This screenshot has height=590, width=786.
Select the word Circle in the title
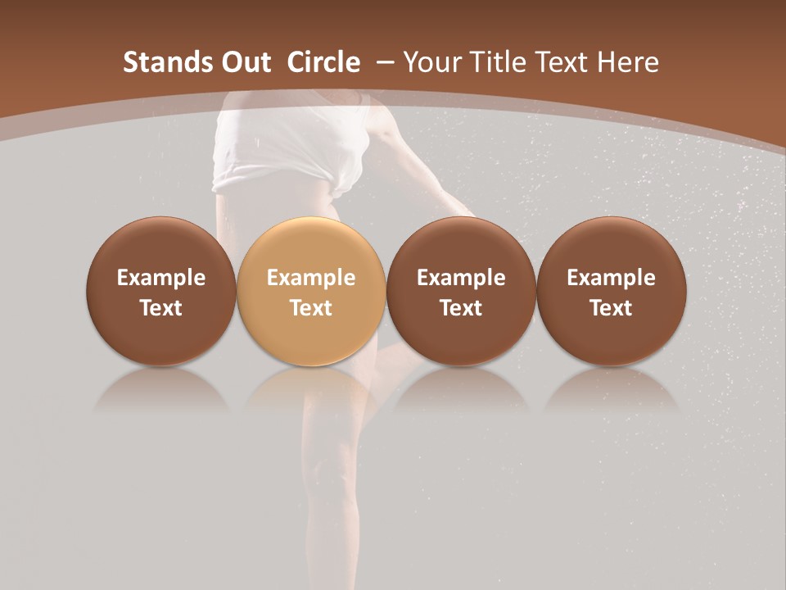click(x=323, y=62)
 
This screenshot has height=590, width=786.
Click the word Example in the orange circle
click(x=311, y=278)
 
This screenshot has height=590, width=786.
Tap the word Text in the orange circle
click(x=311, y=308)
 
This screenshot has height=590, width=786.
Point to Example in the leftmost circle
click(x=161, y=278)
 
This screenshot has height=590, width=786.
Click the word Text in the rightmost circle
click(x=612, y=308)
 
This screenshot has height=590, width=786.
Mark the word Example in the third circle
click(x=462, y=278)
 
